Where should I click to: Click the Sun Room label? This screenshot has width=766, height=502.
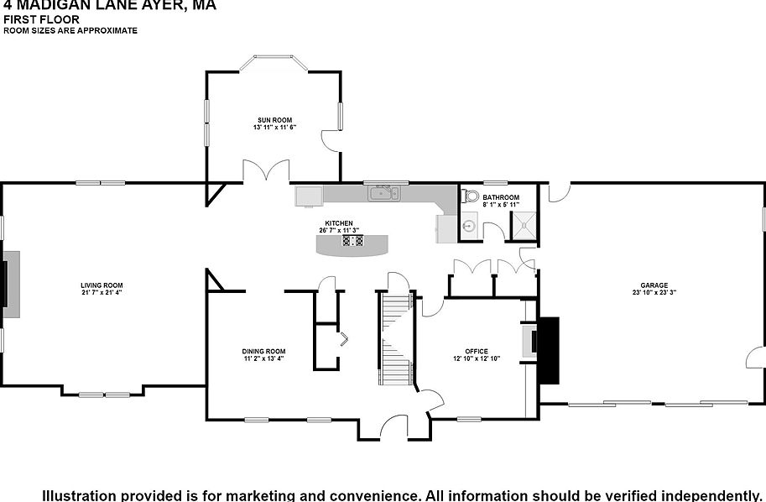[x=275, y=120]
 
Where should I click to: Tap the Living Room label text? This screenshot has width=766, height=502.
[x=102, y=285]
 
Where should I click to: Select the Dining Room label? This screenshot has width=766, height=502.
[x=263, y=351]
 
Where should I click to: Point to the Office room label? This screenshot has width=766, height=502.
[x=476, y=352]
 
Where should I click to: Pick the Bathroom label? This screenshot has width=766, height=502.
[x=501, y=198]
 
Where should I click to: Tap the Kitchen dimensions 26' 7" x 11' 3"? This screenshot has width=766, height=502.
[x=339, y=231]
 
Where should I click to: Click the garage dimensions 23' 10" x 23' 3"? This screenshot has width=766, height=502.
[x=654, y=293]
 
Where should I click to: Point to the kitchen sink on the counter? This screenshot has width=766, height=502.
[x=384, y=194]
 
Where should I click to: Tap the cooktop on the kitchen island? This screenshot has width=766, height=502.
[x=352, y=241]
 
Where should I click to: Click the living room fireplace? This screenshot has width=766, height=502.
[x=10, y=284]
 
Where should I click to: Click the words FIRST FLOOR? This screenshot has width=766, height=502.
[x=41, y=19]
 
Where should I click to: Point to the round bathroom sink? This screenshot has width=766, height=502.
[x=469, y=226]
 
